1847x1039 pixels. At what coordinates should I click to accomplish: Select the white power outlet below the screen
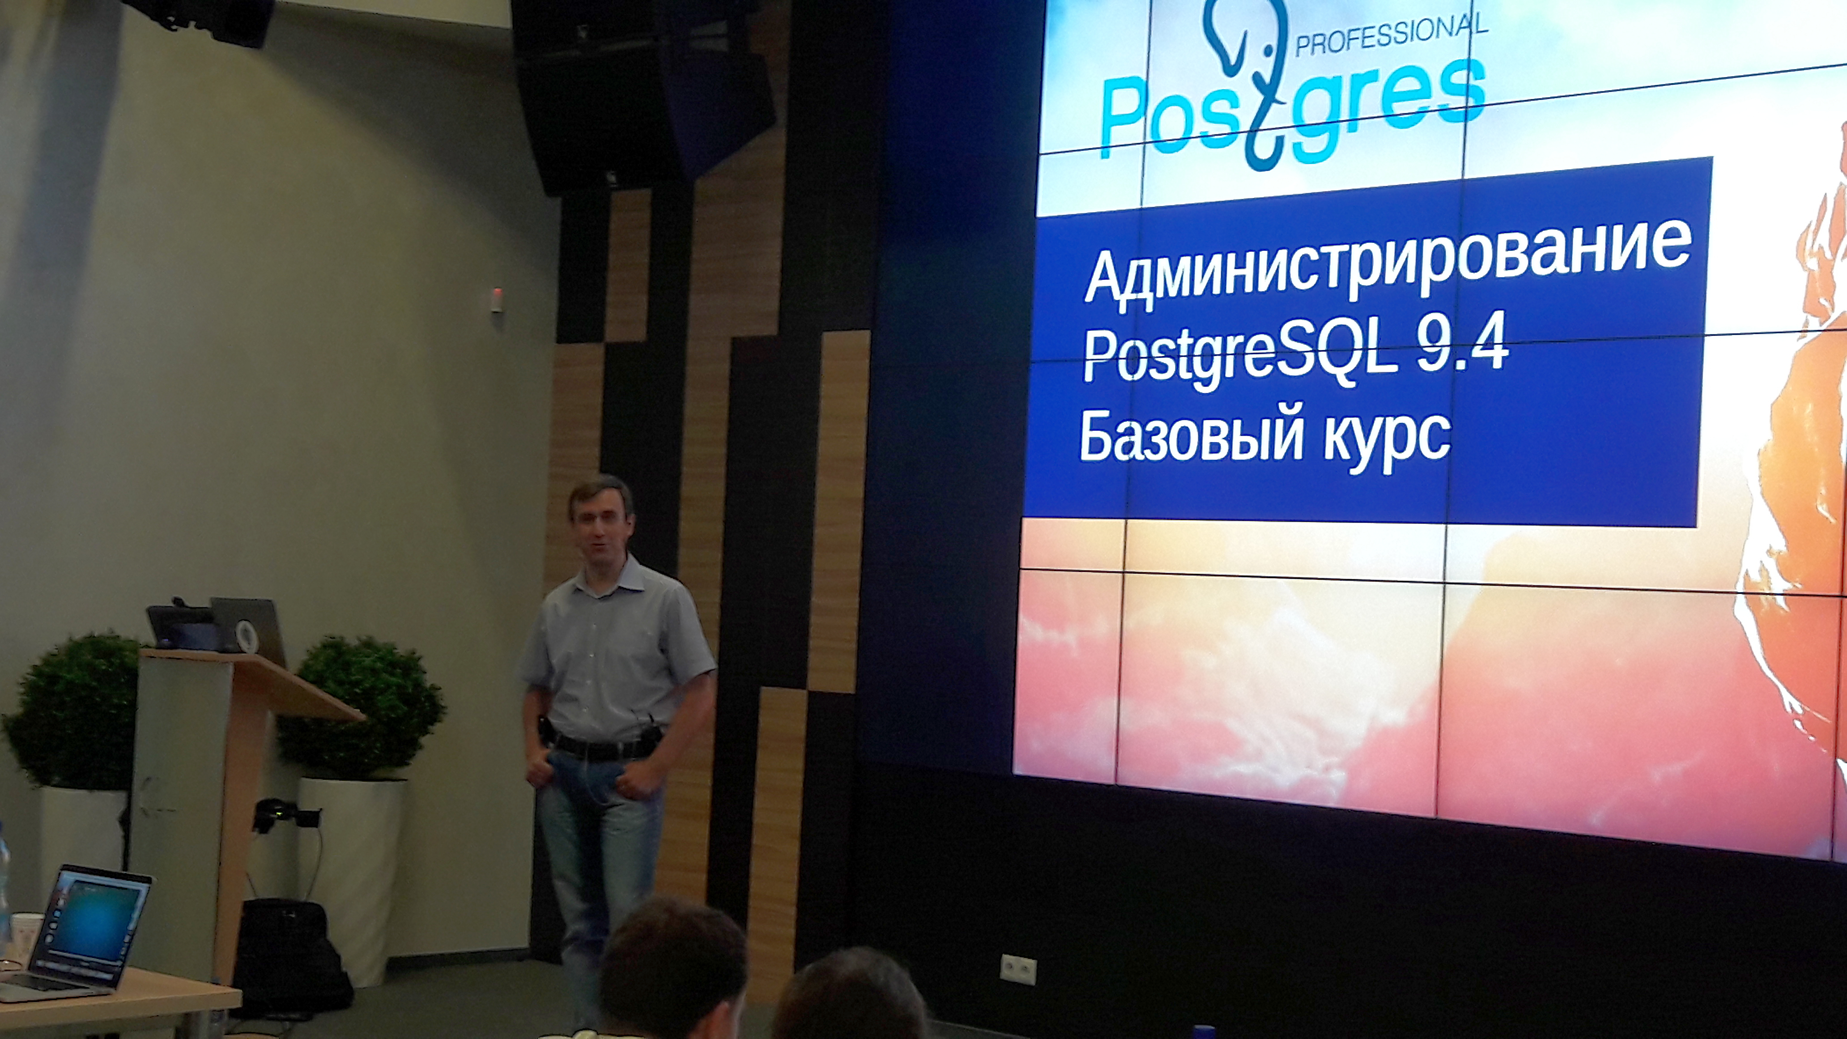pos(1018,970)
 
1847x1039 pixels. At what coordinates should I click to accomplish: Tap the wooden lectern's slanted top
pos(251,681)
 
